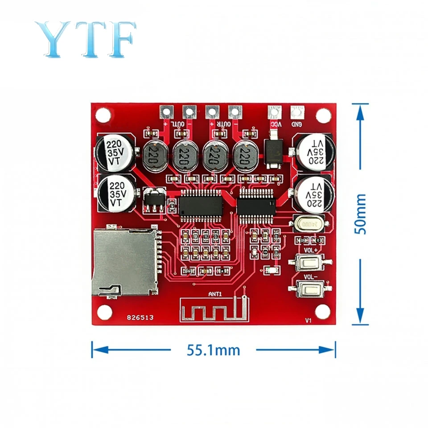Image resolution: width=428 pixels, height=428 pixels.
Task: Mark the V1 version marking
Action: [x=307, y=320]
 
